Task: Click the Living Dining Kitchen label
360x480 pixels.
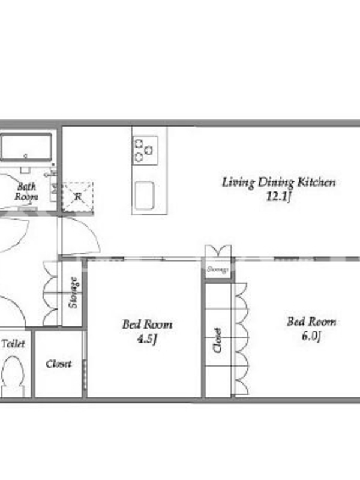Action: click(x=278, y=182)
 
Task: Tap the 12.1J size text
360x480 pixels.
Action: click(x=278, y=196)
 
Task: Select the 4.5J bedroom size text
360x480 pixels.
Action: click(x=147, y=338)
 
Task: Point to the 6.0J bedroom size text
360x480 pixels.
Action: click(x=311, y=336)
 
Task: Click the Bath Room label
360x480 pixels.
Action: click(x=26, y=191)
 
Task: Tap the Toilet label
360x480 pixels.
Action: click(x=13, y=343)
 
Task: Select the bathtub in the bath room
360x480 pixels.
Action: click(x=26, y=147)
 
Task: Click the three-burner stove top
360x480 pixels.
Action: click(x=145, y=151)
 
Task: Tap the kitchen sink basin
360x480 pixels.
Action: click(x=145, y=194)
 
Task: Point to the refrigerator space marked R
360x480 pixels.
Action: click(x=77, y=197)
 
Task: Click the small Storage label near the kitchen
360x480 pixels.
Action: click(x=218, y=269)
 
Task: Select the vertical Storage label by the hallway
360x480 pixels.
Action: click(x=73, y=292)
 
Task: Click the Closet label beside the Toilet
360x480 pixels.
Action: click(x=58, y=364)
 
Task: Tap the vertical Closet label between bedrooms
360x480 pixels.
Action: click(x=217, y=340)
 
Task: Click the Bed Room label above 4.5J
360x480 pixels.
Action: click(x=147, y=325)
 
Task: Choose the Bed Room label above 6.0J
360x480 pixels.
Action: click(x=311, y=322)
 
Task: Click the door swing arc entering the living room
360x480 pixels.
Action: click(x=91, y=228)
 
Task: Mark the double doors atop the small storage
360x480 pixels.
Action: click(x=218, y=251)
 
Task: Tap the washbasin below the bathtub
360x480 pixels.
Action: click(x=25, y=169)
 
